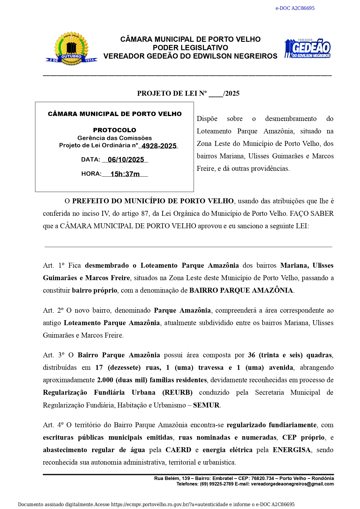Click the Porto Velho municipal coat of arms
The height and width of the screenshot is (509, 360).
click(71, 48)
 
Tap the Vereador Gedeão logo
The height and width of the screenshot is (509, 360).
click(307, 48)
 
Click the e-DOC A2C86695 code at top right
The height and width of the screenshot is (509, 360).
click(295, 8)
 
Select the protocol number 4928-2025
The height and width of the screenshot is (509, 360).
click(159, 146)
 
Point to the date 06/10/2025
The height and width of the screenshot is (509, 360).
click(126, 160)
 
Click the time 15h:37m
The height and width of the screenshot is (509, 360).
click(125, 174)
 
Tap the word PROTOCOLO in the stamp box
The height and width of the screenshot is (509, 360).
click(114, 130)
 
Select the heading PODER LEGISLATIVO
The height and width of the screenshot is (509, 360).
click(190, 48)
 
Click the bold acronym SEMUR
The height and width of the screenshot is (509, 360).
click(206, 405)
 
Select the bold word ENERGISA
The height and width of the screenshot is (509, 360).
click(292, 450)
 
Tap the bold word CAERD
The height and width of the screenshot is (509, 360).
click(178, 450)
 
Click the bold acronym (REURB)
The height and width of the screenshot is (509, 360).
click(177, 392)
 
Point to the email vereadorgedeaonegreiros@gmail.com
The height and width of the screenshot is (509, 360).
click(292, 484)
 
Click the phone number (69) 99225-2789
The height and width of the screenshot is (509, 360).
click(217, 484)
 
